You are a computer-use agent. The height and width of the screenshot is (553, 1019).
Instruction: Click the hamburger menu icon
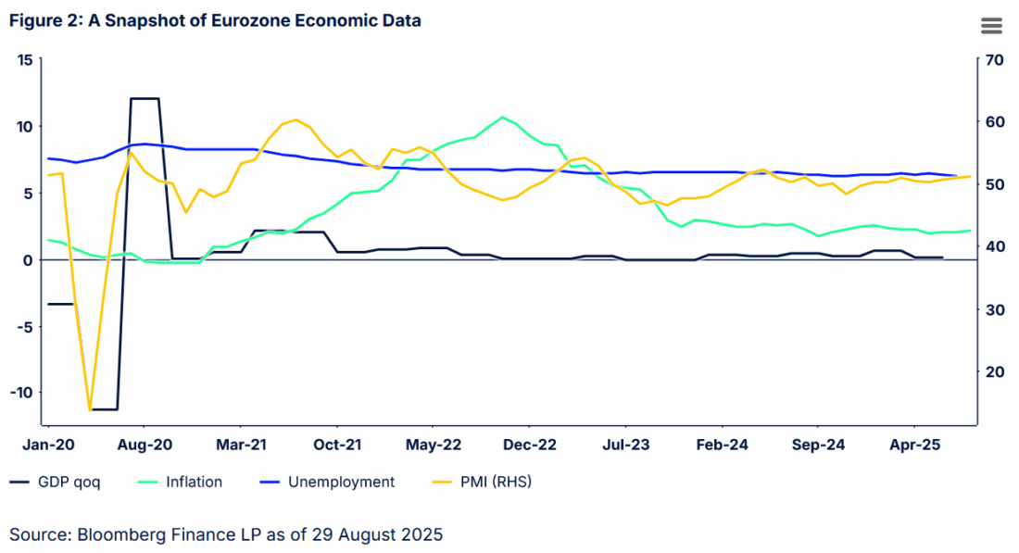991,26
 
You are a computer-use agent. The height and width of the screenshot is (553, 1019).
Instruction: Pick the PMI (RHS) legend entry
492,482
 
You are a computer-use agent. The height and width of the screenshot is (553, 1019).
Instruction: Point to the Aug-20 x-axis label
145,445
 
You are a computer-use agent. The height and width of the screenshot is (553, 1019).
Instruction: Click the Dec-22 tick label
530,445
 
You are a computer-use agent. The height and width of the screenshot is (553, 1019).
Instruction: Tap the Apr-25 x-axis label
915,445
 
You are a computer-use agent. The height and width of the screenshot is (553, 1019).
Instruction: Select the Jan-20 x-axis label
48,445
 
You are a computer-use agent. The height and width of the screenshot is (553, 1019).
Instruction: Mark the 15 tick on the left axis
25,60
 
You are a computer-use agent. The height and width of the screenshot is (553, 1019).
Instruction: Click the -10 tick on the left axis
21,392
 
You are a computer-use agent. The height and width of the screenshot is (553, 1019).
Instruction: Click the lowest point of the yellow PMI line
90,409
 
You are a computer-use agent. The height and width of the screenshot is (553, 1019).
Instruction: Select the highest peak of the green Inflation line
502,118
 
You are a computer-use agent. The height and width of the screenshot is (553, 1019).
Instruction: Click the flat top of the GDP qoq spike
145,98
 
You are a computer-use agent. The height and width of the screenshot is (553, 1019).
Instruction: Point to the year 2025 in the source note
423,534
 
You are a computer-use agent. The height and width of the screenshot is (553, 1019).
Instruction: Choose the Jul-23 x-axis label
626,445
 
